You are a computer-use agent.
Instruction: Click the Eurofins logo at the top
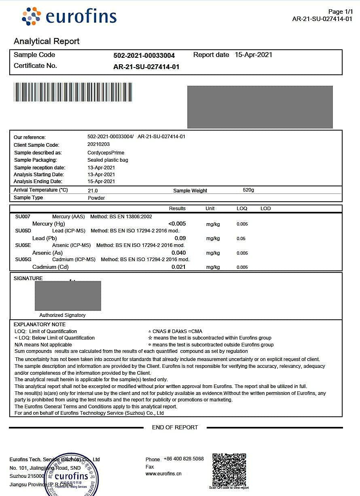pos(69,17)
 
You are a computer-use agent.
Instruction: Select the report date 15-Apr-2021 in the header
pos(253,55)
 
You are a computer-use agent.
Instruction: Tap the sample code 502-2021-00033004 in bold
pos(144,55)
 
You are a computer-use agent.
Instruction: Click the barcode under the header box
pos(73,92)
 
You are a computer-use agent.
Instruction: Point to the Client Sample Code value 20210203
pos(98,144)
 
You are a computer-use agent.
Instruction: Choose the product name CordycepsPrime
pos(106,153)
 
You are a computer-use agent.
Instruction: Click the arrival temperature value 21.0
pos(93,190)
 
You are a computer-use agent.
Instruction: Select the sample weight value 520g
pos(248,190)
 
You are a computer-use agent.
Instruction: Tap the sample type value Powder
pos(96,198)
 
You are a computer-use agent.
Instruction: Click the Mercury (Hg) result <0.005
pos(177,224)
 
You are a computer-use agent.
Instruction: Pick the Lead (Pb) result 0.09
pos(180,238)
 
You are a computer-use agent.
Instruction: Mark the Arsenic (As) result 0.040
pos(178,253)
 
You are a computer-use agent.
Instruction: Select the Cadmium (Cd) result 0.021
pos(178,267)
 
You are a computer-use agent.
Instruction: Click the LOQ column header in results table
pos(241,209)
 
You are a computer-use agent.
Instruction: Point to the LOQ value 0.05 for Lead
pos(241,239)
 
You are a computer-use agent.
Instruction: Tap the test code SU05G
pos(23,260)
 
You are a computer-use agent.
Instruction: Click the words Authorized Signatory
pos(62,315)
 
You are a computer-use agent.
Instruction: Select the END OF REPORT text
pos(175,427)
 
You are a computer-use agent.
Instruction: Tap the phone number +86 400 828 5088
pos(184,459)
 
